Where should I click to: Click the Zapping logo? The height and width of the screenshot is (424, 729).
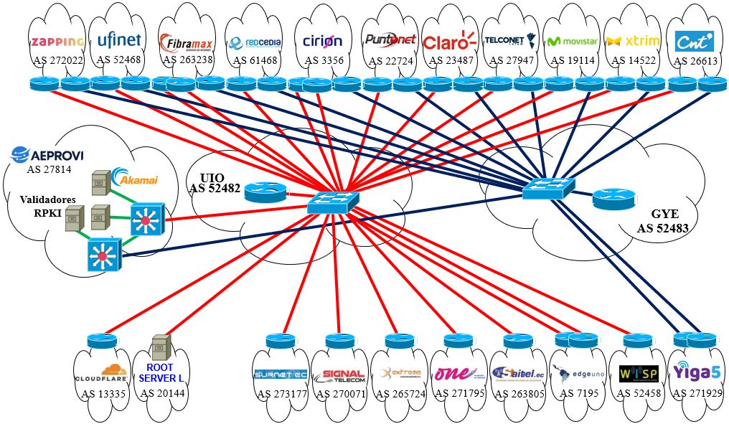58,41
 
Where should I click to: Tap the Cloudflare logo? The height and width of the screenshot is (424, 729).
100,376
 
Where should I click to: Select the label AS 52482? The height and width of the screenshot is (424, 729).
214,189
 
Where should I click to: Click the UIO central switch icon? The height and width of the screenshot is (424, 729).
333,202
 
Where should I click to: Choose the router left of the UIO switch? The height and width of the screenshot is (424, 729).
265,192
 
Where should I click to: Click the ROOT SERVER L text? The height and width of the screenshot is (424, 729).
156,372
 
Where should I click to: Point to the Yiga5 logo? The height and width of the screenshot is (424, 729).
695,372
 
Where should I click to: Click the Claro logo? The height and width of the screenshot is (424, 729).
450,42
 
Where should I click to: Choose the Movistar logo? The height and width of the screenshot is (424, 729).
571,41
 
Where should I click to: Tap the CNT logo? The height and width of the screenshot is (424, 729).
694,40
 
